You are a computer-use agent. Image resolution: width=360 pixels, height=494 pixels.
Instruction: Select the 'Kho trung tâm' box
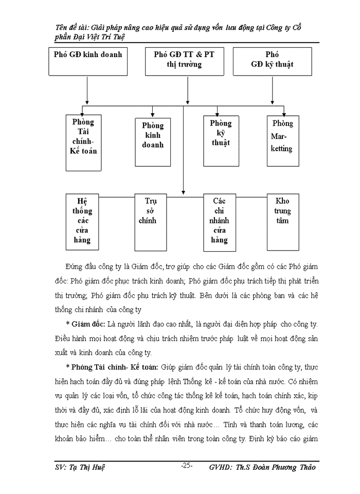[283, 216]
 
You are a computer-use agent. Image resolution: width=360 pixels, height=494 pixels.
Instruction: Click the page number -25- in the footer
[186, 466]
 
